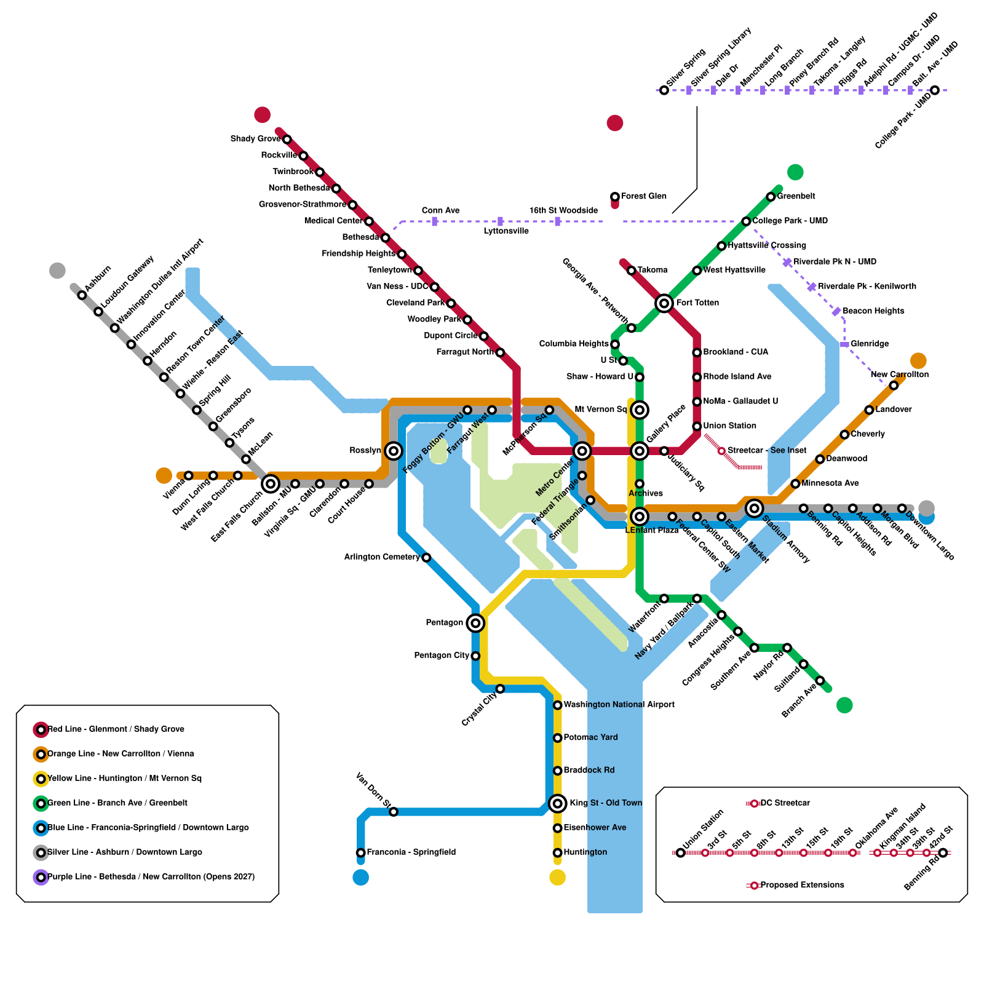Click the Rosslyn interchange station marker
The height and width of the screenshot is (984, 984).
394,451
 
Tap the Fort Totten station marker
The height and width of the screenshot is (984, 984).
664,303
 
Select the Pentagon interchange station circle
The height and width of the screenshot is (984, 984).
475,623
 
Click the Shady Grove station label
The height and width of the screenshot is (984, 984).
255,139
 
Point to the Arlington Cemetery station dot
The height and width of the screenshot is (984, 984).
426,558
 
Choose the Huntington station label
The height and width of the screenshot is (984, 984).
585,852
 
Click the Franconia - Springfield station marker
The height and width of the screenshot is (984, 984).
361,852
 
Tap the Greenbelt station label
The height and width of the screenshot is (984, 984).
796,196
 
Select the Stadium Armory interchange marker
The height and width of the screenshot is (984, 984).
755,508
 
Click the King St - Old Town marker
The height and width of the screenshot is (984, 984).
558,803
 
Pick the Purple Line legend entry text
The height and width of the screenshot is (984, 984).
151,877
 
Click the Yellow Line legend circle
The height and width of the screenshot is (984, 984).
41,779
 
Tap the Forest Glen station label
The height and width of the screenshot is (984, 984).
643,196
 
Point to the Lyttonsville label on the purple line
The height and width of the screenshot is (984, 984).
506,231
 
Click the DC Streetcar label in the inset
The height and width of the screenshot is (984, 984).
785,803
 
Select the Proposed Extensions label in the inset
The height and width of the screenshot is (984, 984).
802,885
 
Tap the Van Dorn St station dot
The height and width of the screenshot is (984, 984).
394,812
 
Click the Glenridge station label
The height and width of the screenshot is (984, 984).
870,344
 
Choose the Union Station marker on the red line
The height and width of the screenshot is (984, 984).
697,426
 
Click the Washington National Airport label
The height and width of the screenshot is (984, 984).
619,705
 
